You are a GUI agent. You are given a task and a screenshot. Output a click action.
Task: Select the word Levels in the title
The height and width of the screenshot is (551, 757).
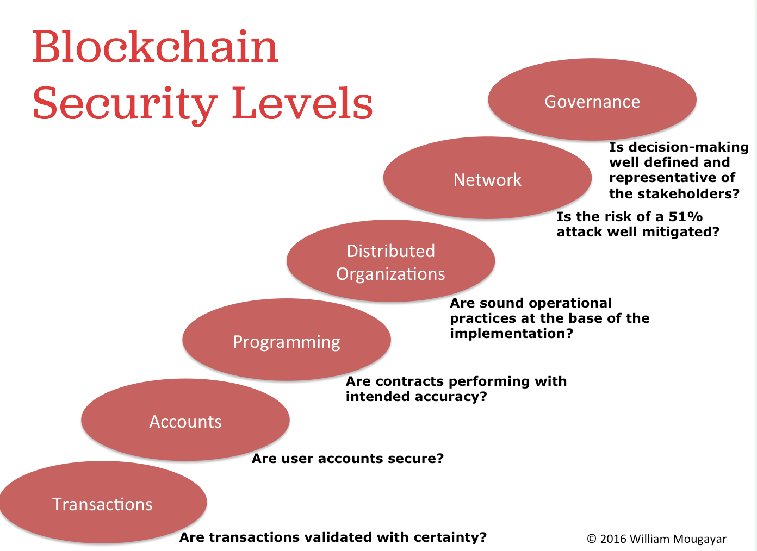coord(302,103)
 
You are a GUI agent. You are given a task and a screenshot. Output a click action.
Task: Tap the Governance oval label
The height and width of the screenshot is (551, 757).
coord(592,102)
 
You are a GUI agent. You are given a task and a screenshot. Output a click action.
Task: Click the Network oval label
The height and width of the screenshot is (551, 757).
coord(487,180)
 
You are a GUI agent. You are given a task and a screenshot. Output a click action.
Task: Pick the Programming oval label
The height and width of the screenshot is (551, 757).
coord(287,342)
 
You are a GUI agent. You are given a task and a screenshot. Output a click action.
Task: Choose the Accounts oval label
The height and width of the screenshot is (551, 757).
coord(185,422)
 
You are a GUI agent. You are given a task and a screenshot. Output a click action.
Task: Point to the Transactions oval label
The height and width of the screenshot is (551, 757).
coord(102,504)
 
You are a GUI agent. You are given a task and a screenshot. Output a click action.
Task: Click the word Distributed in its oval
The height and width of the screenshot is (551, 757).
coord(390,251)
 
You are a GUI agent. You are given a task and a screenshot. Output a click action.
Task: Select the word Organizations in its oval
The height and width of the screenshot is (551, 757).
coord(390,274)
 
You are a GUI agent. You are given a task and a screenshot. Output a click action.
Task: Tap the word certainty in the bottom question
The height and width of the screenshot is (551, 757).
coord(449,537)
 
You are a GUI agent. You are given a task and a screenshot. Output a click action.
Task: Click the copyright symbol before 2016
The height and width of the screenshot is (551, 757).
coord(592,539)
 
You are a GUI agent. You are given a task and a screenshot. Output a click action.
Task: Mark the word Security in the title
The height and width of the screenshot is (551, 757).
coord(125,105)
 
